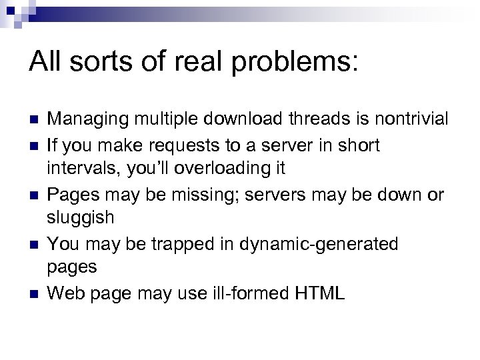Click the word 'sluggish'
(81, 218)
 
